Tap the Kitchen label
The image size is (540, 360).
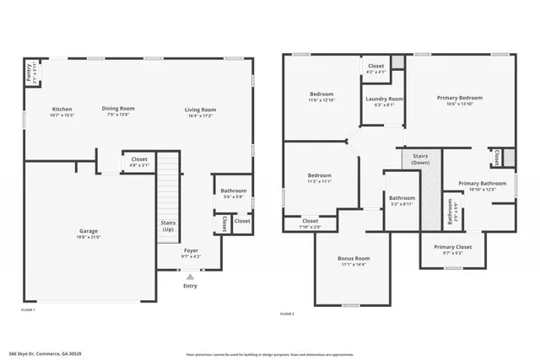[62, 109]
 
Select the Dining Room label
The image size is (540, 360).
[118, 108]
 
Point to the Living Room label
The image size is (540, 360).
[201, 109]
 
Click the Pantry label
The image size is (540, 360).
[30, 72]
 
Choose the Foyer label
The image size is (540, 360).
[192, 250]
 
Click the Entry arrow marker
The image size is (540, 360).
[190, 275]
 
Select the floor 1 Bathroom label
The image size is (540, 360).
[234, 191]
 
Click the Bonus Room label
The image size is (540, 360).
[354, 258]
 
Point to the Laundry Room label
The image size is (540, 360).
[380, 99]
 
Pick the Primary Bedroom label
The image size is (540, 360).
[460, 98]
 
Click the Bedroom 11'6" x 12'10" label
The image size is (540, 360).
[321, 94]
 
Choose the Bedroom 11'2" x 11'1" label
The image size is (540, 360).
[321, 175]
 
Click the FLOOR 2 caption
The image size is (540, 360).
[288, 314]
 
